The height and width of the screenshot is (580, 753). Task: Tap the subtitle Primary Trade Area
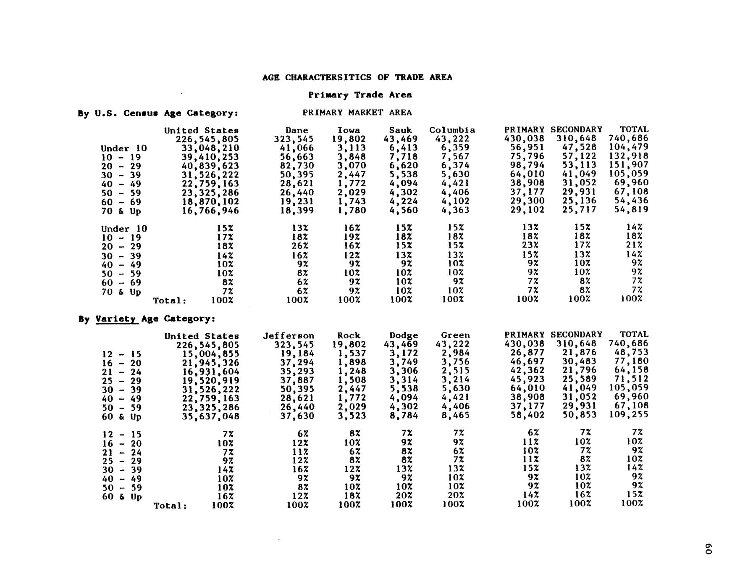click(360, 95)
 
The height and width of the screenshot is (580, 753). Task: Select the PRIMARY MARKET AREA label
click(357, 113)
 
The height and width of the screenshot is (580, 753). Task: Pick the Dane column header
click(296, 130)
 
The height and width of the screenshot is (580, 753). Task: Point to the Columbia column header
click(452, 130)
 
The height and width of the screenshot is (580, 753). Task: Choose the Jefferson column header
click(289, 336)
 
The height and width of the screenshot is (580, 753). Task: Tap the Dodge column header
click(404, 336)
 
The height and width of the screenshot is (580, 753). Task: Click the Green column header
click(455, 335)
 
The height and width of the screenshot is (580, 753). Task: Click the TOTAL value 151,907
click(629, 165)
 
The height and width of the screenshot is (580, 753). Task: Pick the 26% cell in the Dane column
click(300, 246)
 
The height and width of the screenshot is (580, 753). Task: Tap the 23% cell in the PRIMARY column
click(530, 245)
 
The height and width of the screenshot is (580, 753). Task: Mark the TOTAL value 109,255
click(629, 414)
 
